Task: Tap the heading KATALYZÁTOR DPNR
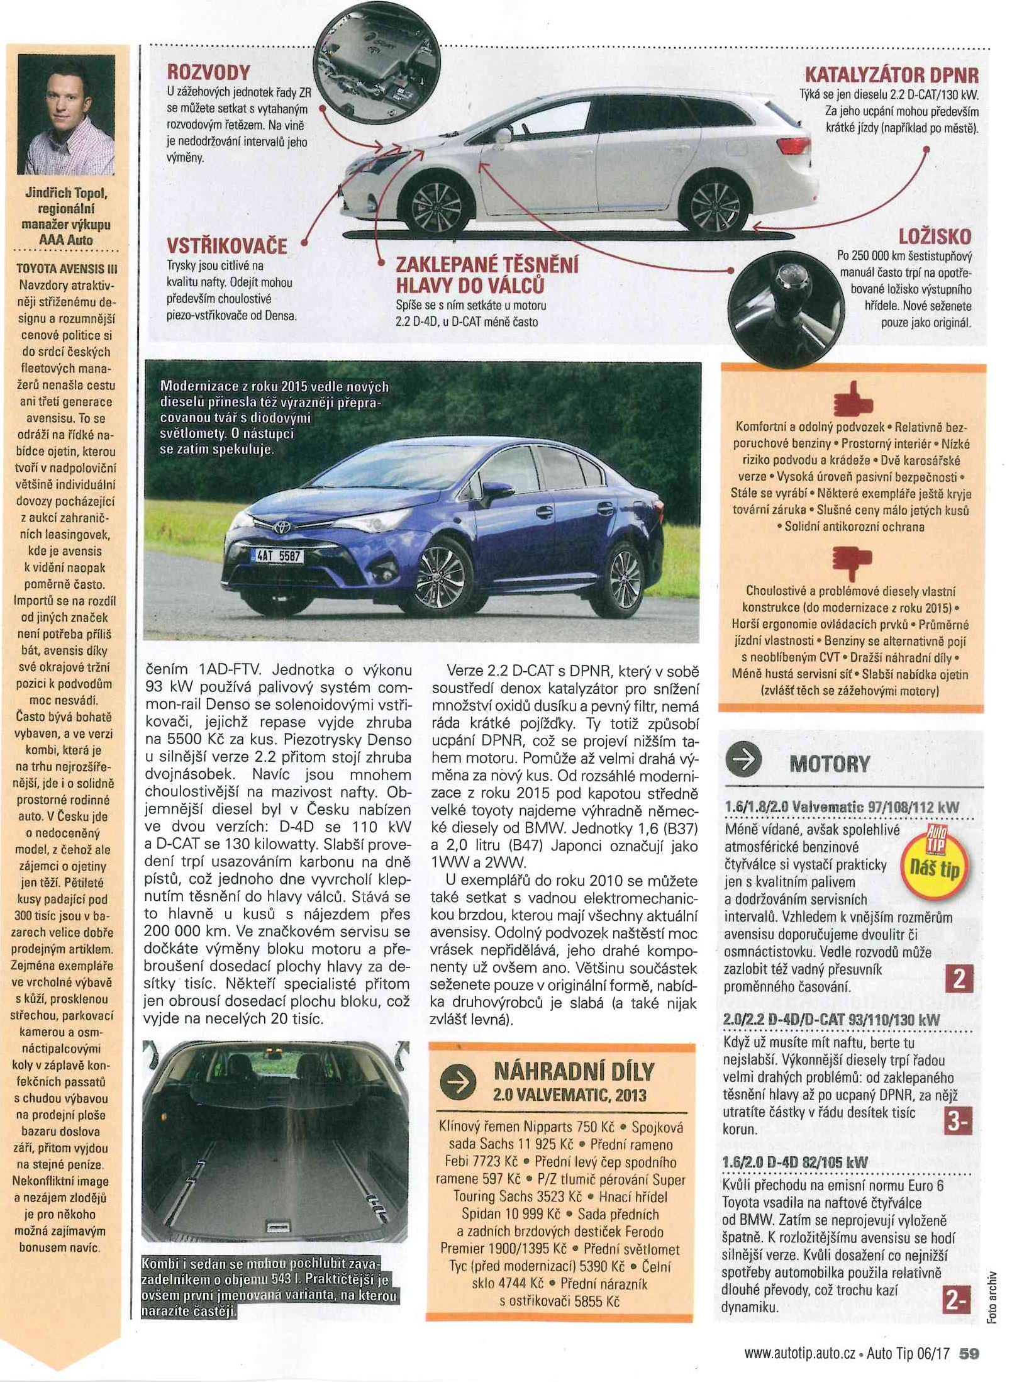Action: click(892, 76)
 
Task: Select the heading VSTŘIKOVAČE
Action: click(226, 245)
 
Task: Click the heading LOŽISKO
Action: click(935, 237)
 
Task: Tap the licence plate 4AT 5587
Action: click(277, 556)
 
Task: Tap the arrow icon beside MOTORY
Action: click(744, 761)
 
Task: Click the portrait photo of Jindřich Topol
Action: click(67, 114)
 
